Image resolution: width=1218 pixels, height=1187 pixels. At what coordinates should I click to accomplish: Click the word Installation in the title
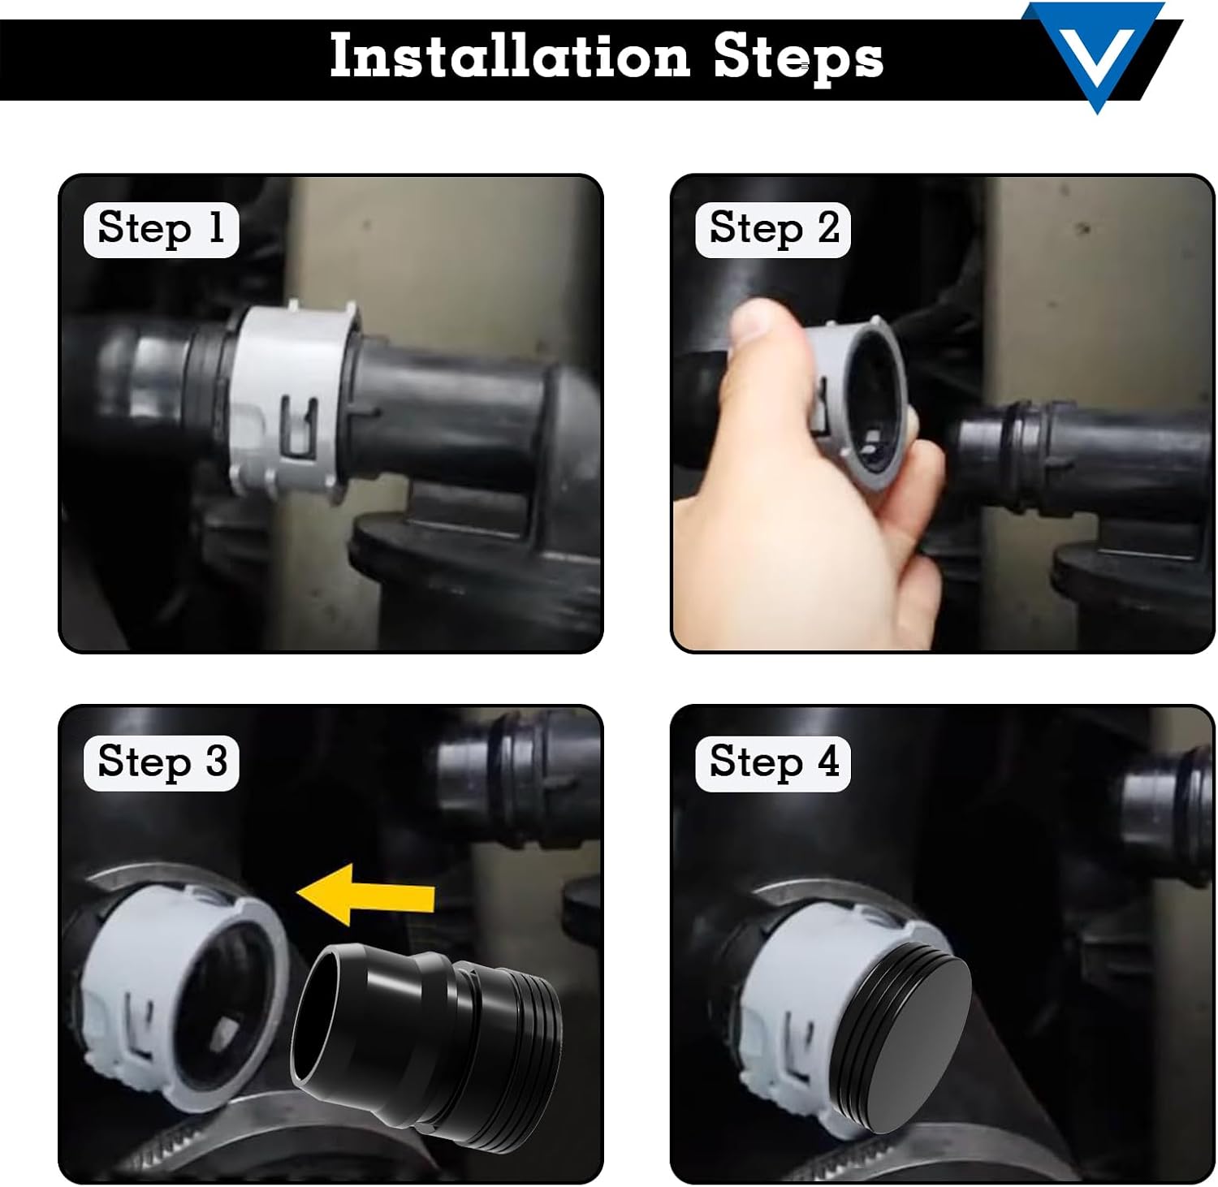point(509,57)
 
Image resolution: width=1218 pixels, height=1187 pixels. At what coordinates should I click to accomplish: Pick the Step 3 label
point(161,762)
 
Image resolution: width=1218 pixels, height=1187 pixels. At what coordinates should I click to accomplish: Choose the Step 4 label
point(773,762)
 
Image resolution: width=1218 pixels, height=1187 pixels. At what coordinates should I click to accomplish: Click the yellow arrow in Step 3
point(365,894)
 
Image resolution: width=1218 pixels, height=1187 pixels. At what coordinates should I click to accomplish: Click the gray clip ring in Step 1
point(288,402)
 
